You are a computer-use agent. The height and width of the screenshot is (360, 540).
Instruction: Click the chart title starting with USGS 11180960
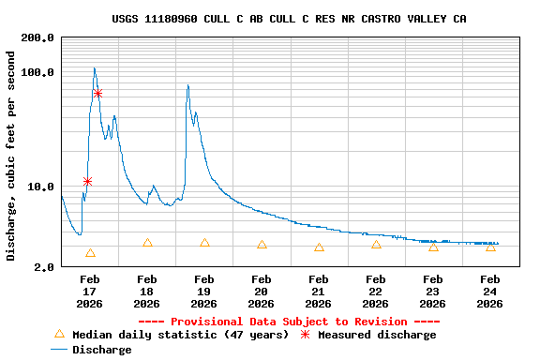tap(289, 19)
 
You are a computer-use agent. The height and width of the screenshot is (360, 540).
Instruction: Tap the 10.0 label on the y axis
tap(40, 187)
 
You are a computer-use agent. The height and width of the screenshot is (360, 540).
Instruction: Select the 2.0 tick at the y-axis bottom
tap(44, 267)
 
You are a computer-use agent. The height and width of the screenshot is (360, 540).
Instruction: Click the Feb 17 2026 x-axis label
tap(90, 291)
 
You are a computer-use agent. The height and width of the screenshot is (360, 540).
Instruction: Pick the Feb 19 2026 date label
tap(204, 291)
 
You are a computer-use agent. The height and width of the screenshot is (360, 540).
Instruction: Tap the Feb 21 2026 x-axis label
tap(319, 291)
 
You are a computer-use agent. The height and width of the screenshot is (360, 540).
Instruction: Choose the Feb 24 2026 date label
tap(490, 291)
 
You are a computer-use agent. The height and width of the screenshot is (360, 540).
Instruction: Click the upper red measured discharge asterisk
tap(97, 94)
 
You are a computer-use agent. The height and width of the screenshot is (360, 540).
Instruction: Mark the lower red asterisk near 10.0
tap(87, 181)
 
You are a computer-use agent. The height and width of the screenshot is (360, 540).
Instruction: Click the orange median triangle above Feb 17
tap(90, 253)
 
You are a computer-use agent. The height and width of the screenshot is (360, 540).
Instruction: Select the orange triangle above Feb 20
tap(262, 245)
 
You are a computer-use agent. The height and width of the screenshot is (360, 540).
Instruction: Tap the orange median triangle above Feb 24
tap(490, 247)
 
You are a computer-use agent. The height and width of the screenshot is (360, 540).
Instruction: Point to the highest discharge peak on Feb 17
tap(95, 68)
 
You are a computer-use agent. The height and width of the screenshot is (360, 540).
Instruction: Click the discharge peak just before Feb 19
tap(187, 85)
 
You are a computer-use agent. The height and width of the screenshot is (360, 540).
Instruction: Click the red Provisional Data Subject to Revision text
tap(289, 322)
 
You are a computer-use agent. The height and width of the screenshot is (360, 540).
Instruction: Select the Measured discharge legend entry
tap(367, 335)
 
